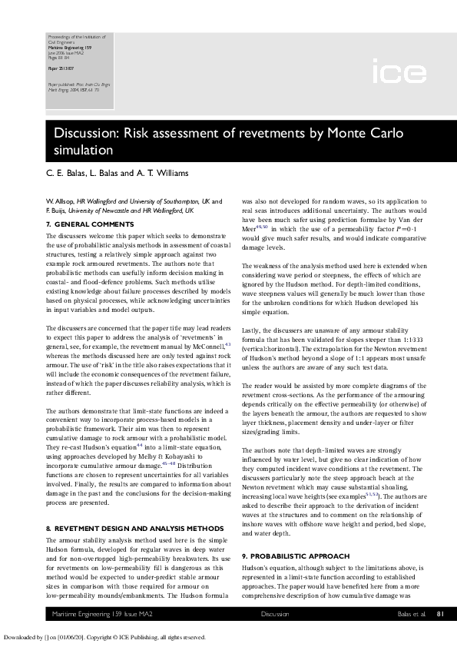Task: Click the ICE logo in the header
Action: [399, 74]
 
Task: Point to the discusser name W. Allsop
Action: [62, 201]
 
